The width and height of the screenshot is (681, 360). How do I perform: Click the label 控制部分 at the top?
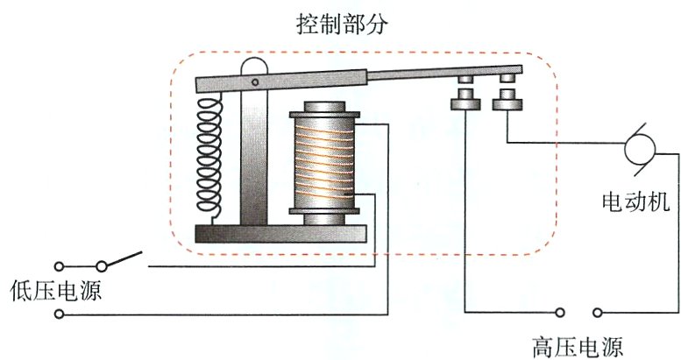click(x=341, y=24)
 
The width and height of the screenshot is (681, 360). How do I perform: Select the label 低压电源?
click(x=50, y=291)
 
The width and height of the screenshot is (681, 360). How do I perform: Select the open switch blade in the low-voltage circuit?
click(x=124, y=260)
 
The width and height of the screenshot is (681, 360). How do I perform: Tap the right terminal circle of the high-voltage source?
click(x=597, y=312)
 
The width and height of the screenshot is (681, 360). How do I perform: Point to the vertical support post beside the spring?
click(x=253, y=158)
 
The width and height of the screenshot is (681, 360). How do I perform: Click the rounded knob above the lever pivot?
click(x=253, y=67)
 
